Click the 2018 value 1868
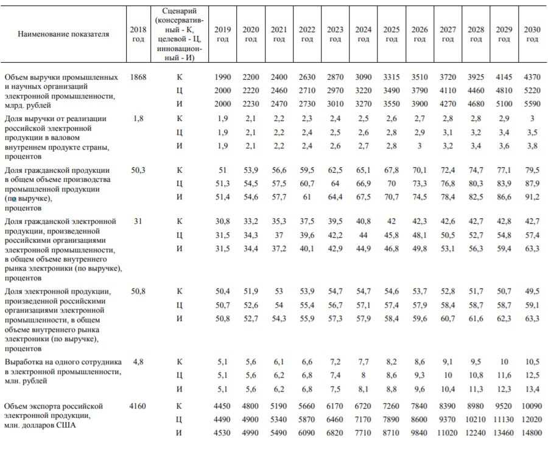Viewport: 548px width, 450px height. pyautogui.click(x=138, y=77)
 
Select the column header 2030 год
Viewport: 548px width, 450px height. pyautogui.click(x=532, y=34)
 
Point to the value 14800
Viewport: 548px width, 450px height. pyautogui.click(x=532, y=431)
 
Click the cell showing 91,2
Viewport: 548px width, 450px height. pyautogui.click(x=532, y=195)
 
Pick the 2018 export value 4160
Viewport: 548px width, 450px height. pyautogui.click(x=138, y=406)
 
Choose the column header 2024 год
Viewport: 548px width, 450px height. pyautogui.click(x=364, y=34)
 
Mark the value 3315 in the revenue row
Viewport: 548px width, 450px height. pyautogui.click(x=392, y=77)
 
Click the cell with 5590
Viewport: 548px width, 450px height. pyautogui.click(x=532, y=105)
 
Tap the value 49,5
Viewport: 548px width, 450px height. pyautogui.click(x=532, y=291)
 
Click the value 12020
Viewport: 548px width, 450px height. pyautogui.click(x=532, y=418)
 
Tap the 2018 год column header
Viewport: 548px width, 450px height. pyautogui.click(x=138, y=34)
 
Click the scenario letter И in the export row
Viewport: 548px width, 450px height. pyautogui.click(x=180, y=431)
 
